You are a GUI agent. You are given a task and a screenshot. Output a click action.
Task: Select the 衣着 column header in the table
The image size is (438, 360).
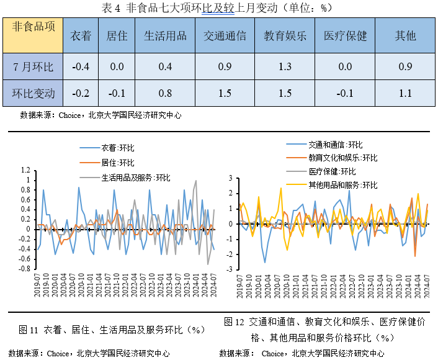click(81, 36)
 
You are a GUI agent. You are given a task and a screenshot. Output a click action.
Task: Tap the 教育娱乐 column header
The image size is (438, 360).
click(285, 36)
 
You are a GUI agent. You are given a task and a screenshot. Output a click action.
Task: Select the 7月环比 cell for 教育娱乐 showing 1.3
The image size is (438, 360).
click(285, 66)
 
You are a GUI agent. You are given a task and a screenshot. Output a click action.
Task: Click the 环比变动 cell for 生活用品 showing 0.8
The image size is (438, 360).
click(165, 94)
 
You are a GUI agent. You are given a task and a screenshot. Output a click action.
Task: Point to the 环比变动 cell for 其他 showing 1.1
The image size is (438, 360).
click(405, 94)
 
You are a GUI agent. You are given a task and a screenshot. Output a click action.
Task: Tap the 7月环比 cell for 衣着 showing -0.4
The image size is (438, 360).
click(81, 66)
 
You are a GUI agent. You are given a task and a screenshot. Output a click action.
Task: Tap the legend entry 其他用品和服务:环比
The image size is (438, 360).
click(342, 185)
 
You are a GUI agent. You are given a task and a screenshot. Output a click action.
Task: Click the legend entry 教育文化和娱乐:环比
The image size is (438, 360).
click(342, 158)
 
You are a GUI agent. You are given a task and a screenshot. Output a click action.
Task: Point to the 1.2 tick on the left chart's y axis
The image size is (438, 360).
click(25, 170)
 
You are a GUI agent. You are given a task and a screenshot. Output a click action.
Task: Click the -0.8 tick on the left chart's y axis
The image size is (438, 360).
click(24, 269)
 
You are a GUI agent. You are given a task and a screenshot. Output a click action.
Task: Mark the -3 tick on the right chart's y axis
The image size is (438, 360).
click(230, 269)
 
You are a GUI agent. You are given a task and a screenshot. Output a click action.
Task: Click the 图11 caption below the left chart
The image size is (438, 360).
click(112, 329)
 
